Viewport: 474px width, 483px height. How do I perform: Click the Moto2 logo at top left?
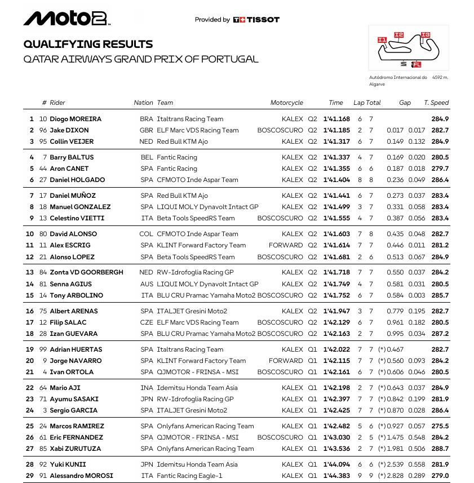coord(66,19)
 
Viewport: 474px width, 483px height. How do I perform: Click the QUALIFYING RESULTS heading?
coord(88,44)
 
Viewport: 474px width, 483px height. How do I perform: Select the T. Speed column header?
coord(436,103)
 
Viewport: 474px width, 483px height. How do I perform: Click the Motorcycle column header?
coord(286,103)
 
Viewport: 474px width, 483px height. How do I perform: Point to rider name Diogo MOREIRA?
coord(76,119)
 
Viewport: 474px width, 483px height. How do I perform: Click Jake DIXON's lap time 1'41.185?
coord(336,130)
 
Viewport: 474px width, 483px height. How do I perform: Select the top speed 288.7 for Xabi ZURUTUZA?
coord(440,449)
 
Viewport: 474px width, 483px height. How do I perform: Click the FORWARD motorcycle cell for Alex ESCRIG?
coord(286,245)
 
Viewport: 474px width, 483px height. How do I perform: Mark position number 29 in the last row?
coord(30,476)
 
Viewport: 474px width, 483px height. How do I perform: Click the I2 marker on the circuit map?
coord(399,35)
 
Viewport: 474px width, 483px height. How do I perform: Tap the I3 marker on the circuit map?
coord(426,35)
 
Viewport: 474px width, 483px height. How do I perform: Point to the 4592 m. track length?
coord(440,78)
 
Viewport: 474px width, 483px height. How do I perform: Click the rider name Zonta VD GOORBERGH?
coord(86,272)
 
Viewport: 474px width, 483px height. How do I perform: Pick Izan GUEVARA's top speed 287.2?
coord(440,334)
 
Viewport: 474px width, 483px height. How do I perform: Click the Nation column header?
coord(143,103)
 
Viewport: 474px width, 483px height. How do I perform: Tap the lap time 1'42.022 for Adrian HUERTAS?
coord(336,349)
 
